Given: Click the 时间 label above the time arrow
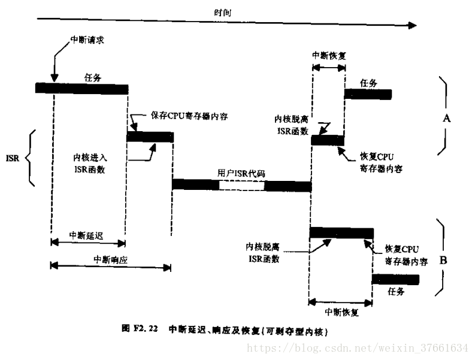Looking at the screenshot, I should [x=223, y=12].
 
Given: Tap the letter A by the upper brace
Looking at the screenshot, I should [x=446, y=119].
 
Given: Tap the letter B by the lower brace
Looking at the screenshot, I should [x=444, y=260].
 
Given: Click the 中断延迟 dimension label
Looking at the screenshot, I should [x=86, y=235].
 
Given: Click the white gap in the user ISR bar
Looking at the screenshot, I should [x=241, y=185].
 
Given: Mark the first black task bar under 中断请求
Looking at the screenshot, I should [x=81, y=89].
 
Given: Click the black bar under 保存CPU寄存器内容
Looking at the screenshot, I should [x=150, y=137].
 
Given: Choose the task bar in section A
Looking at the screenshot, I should [x=367, y=94].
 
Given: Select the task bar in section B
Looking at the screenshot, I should [x=395, y=279].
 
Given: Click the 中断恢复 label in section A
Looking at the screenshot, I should [x=329, y=55].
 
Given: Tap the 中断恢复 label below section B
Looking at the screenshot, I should [x=341, y=312].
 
